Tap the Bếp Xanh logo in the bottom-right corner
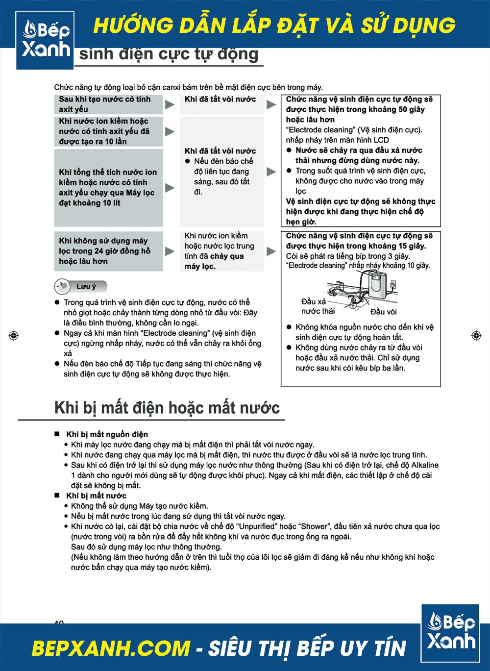(450, 633)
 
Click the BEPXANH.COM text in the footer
(111, 648)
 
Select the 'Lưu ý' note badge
(81, 287)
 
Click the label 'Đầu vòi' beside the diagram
(383, 312)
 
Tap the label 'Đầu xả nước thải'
(318, 306)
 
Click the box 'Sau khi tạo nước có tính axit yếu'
(108, 104)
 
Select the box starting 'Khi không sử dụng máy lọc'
(108, 251)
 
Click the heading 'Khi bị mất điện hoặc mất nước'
(167, 408)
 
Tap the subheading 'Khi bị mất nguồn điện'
(107, 434)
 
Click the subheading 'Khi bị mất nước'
(96, 496)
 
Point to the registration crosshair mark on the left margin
(14, 335)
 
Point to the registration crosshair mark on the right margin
(476, 335)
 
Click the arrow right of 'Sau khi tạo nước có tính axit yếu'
(170, 104)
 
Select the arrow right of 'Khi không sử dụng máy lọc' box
(170, 251)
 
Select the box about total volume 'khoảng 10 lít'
(108, 188)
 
